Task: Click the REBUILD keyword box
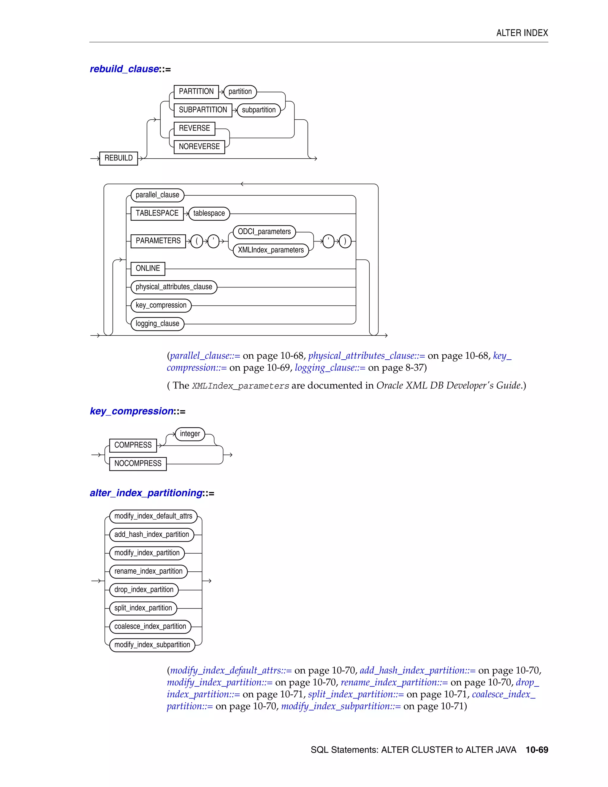pyautogui.click(x=118, y=158)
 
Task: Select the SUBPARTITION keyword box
pyautogui.click(x=203, y=110)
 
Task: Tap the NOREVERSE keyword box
pyautogui.click(x=199, y=147)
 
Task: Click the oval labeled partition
pyautogui.click(x=240, y=91)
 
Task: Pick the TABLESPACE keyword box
pyautogui.click(x=157, y=213)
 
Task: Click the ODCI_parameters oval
pyautogui.click(x=264, y=232)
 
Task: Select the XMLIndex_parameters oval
pyautogui.click(x=270, y=250)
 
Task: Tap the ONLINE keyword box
pyautogui.click(x=148, y=268)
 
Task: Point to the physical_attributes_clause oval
pyautogui.click(x=174, y=287)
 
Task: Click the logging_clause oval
pyautogui.click(x=157, y=324)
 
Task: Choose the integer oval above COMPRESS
pyautogui.click(x=190, y=434)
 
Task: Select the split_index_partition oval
pyautogui.click(x=143, y=608)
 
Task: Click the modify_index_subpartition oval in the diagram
pyautogui.click(x=152, y=645)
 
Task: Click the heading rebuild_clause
pyautogui.click(x=124, y=69)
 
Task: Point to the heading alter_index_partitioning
pyautogui.click(x=146, y=493)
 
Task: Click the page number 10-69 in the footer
pyautogui.click(x=537, y=750)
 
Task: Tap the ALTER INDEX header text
pyautogui.click(x=522, y=33)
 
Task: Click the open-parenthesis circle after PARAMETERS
pyautogui.click(x=197, y=241)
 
